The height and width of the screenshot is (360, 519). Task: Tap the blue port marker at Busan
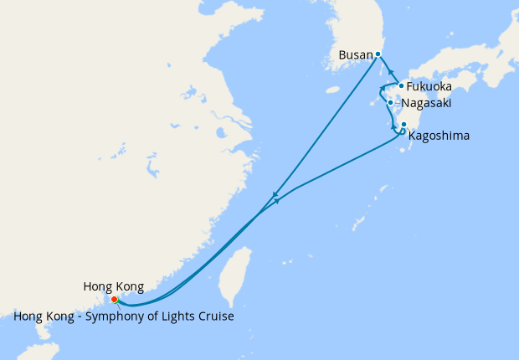coord(378,54)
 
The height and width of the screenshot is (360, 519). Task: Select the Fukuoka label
coord(429,86)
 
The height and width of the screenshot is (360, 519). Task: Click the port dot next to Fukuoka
coord(402,85)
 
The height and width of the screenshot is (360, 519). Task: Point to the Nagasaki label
coord(427,103)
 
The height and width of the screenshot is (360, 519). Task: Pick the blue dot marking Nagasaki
coord(391,103)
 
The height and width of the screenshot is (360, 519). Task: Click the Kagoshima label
coord(439,135)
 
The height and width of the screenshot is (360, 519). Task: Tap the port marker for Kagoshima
coord(404,125)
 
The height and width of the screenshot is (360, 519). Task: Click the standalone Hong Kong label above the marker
coord(114,286)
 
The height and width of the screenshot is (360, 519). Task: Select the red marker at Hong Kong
coord(114,299)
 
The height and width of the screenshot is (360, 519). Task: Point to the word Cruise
coord(214,317)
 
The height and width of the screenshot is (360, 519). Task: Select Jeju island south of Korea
coord(333,90)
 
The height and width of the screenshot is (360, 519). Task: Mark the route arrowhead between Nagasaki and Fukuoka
coord(383,89)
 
